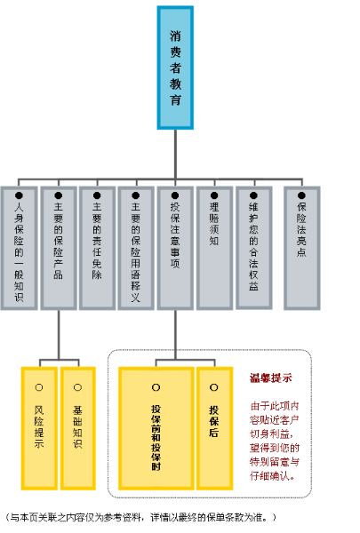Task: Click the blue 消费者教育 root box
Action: [175, 68]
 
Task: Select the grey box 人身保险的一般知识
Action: [19, 248]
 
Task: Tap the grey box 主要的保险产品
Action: [59, 248]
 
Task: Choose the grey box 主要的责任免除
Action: [97, 248]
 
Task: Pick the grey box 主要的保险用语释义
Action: [136, 248]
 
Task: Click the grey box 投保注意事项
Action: [175, 248]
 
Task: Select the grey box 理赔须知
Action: [215, 248]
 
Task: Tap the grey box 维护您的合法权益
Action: [254, 248]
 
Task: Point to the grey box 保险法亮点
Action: [302, 248]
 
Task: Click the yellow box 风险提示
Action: [39, 428]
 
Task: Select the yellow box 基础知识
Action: [78, 428]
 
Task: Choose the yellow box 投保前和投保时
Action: [156, 428]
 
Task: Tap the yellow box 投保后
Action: [215, 428]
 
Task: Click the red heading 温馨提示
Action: [271, 378]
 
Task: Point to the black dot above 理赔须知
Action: [214, 195]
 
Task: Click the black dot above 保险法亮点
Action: [301, 195]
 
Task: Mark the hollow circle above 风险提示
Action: [39, 387]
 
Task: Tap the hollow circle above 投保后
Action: [214, 387]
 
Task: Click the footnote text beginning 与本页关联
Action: [141, 517]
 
